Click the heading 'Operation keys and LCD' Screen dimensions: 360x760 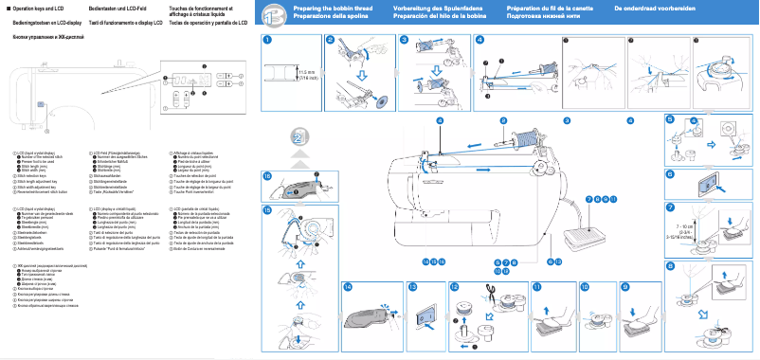[37, 8]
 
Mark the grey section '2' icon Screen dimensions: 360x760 [299, 141]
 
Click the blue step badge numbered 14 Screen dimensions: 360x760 [349, 286]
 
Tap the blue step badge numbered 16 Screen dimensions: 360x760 [267, 176]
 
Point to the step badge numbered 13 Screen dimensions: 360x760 [412, 286]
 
